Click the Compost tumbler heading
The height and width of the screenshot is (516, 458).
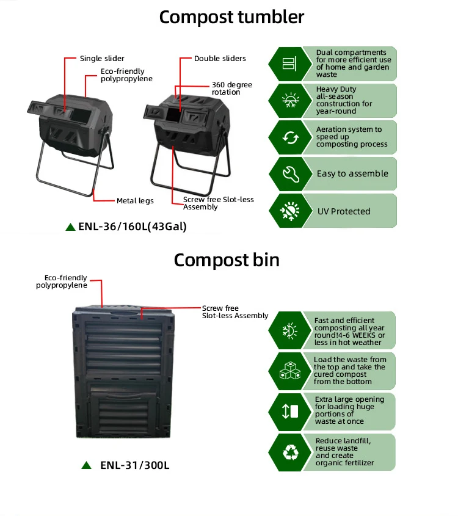[231, 17]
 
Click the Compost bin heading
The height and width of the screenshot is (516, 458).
[227, 260]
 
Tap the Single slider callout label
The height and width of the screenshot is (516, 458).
[102, 59]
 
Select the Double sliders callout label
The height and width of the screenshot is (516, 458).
[220, 59]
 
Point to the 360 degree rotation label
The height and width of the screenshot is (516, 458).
[231, 89]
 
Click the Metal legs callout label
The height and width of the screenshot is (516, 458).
[135, 200]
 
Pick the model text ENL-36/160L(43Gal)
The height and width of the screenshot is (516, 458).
[133, 227]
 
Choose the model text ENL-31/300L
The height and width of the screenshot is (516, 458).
[134, 465]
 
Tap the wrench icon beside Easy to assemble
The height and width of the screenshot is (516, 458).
[289, 174]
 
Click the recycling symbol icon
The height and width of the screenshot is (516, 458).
[289, 452]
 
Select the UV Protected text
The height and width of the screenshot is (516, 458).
[344, 211]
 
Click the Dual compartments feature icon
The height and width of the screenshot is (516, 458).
[289, 64]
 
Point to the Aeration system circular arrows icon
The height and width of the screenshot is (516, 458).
[289, 137]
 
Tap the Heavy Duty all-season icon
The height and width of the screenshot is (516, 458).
[289, 100]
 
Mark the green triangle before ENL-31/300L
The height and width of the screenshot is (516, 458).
[87, 465]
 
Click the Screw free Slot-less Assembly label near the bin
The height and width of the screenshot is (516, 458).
[235, 312]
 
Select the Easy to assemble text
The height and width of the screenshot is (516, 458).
[352, 174]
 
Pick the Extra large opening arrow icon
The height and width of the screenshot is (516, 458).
[289, 411]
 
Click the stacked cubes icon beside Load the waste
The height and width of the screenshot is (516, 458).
[289, 371]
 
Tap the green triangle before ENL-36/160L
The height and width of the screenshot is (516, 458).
[71, 227]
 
